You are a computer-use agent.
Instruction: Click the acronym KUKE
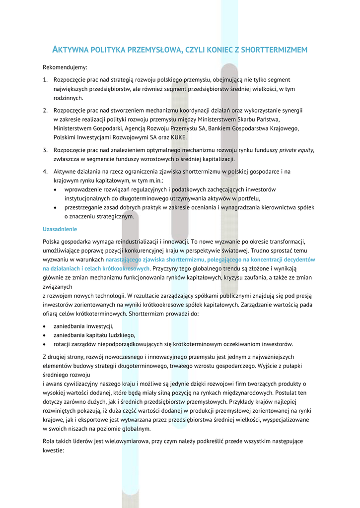tap(179, 137)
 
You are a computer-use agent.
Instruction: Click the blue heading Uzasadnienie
tap(60, 229)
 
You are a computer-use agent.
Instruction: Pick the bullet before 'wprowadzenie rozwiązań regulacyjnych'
tap(55, 190)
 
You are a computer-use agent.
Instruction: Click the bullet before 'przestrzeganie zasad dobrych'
tap(55, 207)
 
